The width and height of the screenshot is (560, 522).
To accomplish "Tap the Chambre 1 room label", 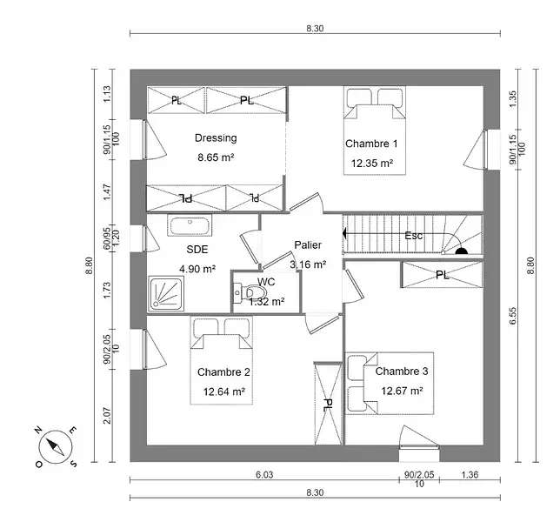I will point(371,144).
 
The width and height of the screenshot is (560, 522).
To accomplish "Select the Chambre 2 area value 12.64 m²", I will point(223,391).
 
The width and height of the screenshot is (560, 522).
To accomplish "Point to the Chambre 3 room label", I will point(402,371).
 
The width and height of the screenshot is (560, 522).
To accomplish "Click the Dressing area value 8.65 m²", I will point(216,157).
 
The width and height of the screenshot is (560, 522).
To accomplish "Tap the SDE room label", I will point(197,250).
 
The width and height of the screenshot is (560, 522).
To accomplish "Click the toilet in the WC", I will point(250,292).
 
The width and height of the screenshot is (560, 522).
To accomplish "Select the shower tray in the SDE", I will point(164,293).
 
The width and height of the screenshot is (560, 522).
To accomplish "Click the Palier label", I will point(308,245).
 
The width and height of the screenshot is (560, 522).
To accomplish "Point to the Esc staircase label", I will point(414,236).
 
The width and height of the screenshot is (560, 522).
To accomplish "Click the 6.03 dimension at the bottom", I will point(264,474).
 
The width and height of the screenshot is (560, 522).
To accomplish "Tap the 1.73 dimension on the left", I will point(108,291).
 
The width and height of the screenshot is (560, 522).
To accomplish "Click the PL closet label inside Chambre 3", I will point(442,275).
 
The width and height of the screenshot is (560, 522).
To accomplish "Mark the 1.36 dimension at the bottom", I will point(469,474).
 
